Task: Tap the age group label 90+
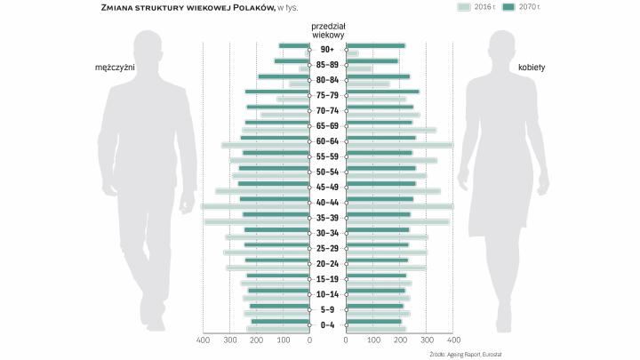[327, 49]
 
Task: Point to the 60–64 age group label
[327, 141]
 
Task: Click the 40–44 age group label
[327, 203]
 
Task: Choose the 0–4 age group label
[327, 324]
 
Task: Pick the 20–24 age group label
[327, 264]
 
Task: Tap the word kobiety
[532, 68]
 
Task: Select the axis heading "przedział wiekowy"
[328, 31]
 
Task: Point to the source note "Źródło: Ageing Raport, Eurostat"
[466, 354]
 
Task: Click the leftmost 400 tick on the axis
[203, 340]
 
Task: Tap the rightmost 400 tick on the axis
[452, 340]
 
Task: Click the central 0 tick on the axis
[310, 340]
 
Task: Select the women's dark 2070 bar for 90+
[375, 45]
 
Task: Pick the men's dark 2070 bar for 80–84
[284, 76]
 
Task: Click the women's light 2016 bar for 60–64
[399, 145]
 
